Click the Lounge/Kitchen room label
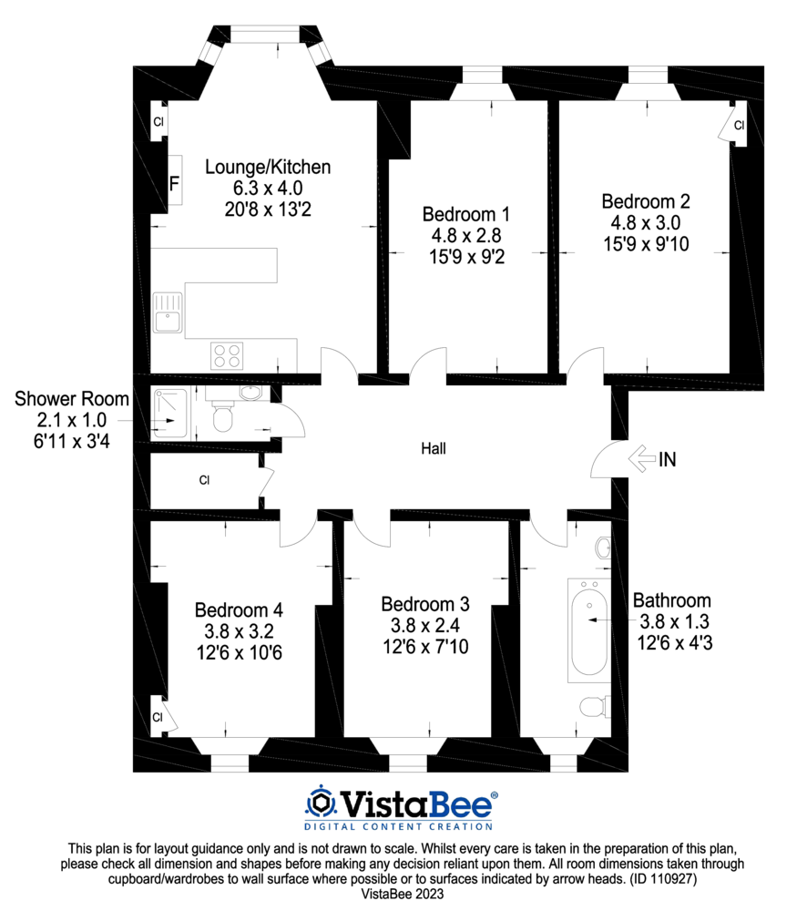[267, 168]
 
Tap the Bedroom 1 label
[466, 215]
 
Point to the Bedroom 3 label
[425, 604]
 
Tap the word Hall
[434, 448]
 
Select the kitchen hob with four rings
[226, 353]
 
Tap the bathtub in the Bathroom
[587, 630]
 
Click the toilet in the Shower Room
[222, 419]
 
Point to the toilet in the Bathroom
[593, 706]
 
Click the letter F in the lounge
[173, 183]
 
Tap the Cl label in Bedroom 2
[739, 125]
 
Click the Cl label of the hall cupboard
[205, 479]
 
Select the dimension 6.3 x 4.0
[267, 188]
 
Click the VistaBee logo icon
[320, 803]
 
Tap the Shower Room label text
[72, 400]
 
